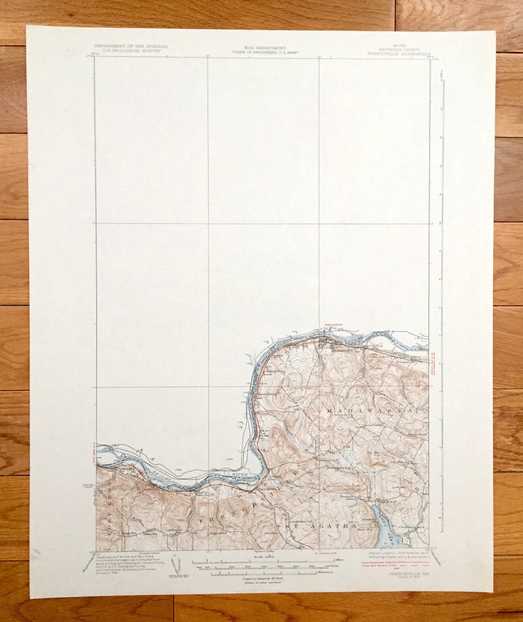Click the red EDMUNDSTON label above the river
[x=333, y=325]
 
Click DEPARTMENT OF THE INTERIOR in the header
[x=131, y=46]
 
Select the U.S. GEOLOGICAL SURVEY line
[x=131, y=50]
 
